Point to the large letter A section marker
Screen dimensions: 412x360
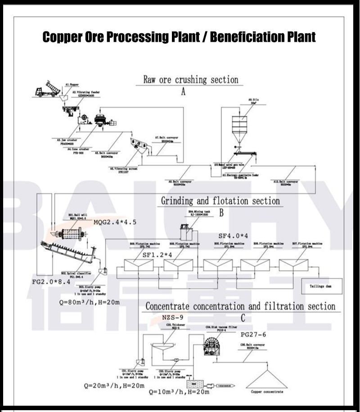tap(183, 92)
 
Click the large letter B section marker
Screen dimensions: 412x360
tap(221, 213)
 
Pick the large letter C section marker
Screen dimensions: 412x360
tap(243, 318)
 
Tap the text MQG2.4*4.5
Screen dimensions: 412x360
tap(115, 222)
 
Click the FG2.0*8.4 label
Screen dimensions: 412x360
tap(50, 282)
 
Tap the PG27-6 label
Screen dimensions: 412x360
tap(253, 334)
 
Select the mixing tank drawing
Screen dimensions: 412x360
tap(185, 232)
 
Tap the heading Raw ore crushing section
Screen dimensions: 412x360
tap(190, 80)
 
